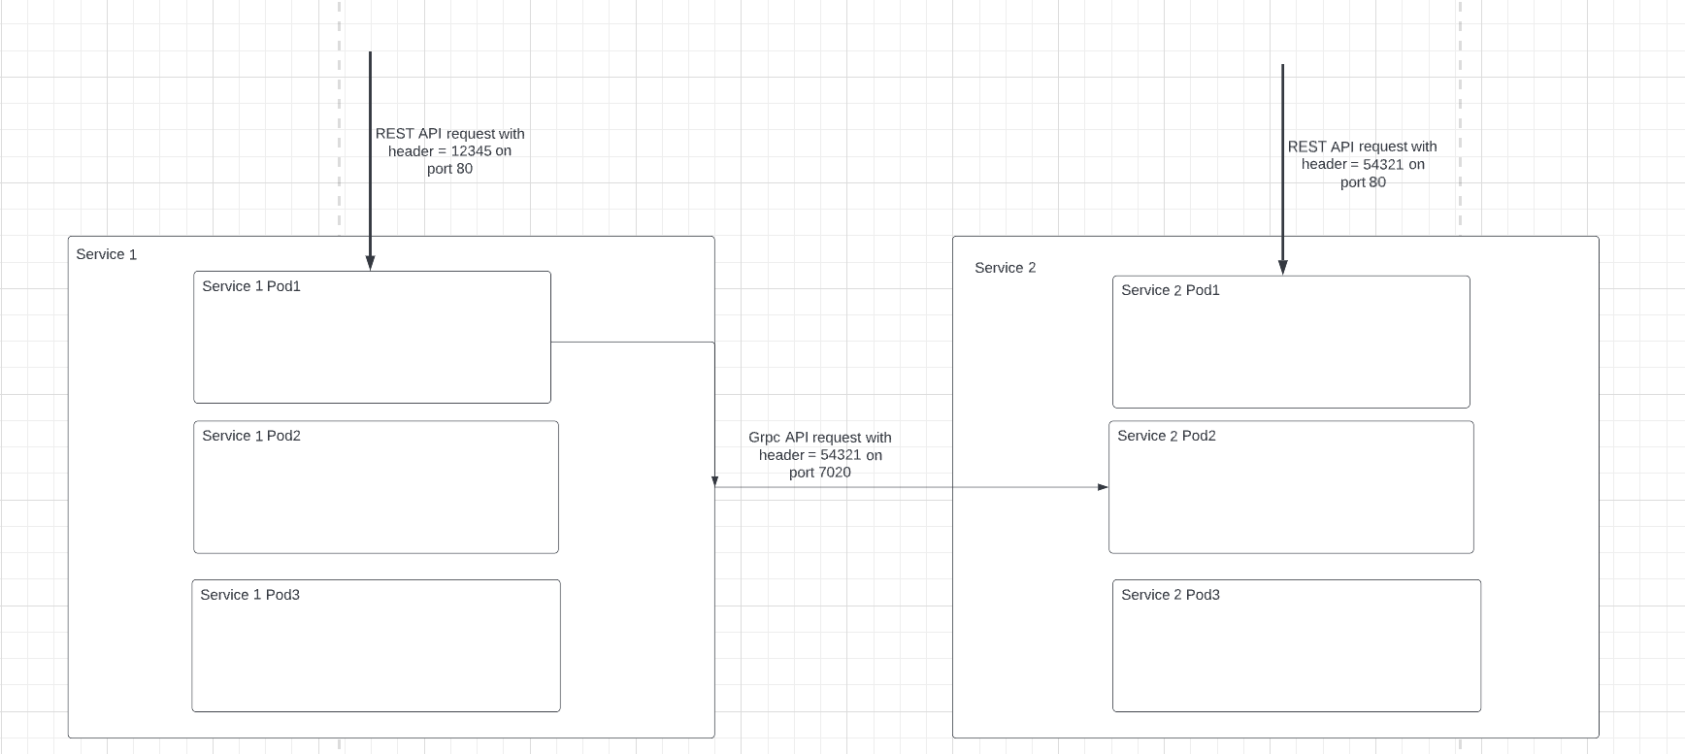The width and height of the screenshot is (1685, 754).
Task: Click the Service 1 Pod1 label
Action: pos(251,286)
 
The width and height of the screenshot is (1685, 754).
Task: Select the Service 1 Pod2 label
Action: pos(251,436)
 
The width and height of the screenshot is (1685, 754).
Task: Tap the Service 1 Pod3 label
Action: pos(249,595)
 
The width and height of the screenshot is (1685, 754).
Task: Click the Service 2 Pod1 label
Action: pos(1170,290)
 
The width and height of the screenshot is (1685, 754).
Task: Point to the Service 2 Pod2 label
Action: pos(1166,436)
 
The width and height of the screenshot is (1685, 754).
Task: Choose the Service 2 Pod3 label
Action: pos(1170,595)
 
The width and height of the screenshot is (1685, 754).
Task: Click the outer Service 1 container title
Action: pos(106,254)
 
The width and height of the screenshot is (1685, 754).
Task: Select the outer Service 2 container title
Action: pos(1005,268)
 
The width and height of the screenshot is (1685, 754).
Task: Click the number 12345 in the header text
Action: pos(471,151)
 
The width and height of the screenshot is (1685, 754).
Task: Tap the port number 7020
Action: pos(833,473)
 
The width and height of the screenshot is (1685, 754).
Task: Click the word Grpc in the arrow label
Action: pos(765,438)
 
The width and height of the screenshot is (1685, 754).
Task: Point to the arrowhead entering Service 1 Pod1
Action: pos(370,263)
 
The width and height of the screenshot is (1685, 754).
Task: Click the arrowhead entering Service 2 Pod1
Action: pos(1282,268)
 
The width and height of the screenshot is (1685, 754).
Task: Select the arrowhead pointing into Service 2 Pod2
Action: pos(1103,487)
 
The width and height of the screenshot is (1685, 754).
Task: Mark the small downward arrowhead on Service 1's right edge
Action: pos(714,481)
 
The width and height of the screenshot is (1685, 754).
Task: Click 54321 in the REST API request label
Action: pos(1383,164)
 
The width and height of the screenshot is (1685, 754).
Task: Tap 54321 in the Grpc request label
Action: pos(841,455)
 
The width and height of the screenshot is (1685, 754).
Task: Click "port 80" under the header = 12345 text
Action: pos(449,169)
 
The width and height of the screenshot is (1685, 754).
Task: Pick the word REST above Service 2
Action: pos(1306,147)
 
